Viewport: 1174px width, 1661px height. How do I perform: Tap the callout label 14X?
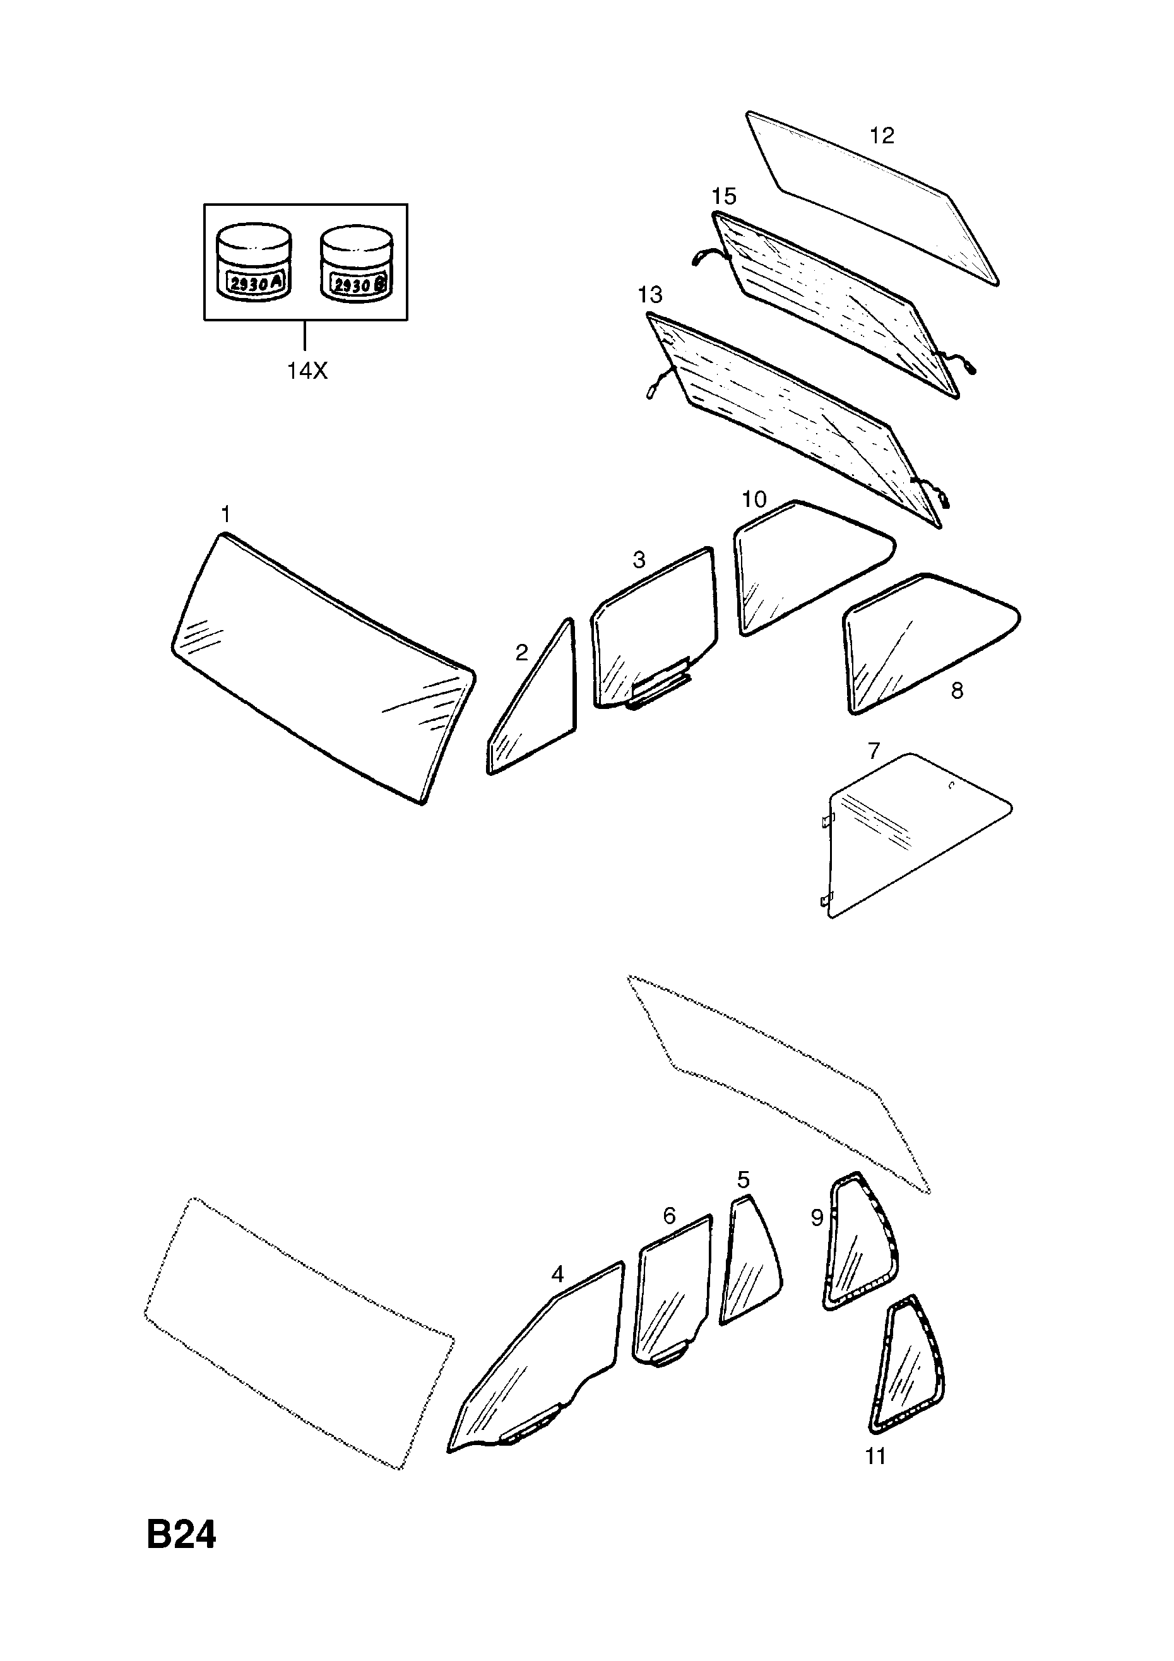(x=307, y=371)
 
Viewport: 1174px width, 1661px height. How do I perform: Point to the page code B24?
(x=181, y=1535)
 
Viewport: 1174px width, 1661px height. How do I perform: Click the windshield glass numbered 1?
(x=323, y=669)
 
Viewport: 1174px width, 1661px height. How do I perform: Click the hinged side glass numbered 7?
(x=918, y=836)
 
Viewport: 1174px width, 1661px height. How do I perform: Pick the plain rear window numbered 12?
(x=872, y=198)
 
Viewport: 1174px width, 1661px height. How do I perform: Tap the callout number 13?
(x=649, y=295)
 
